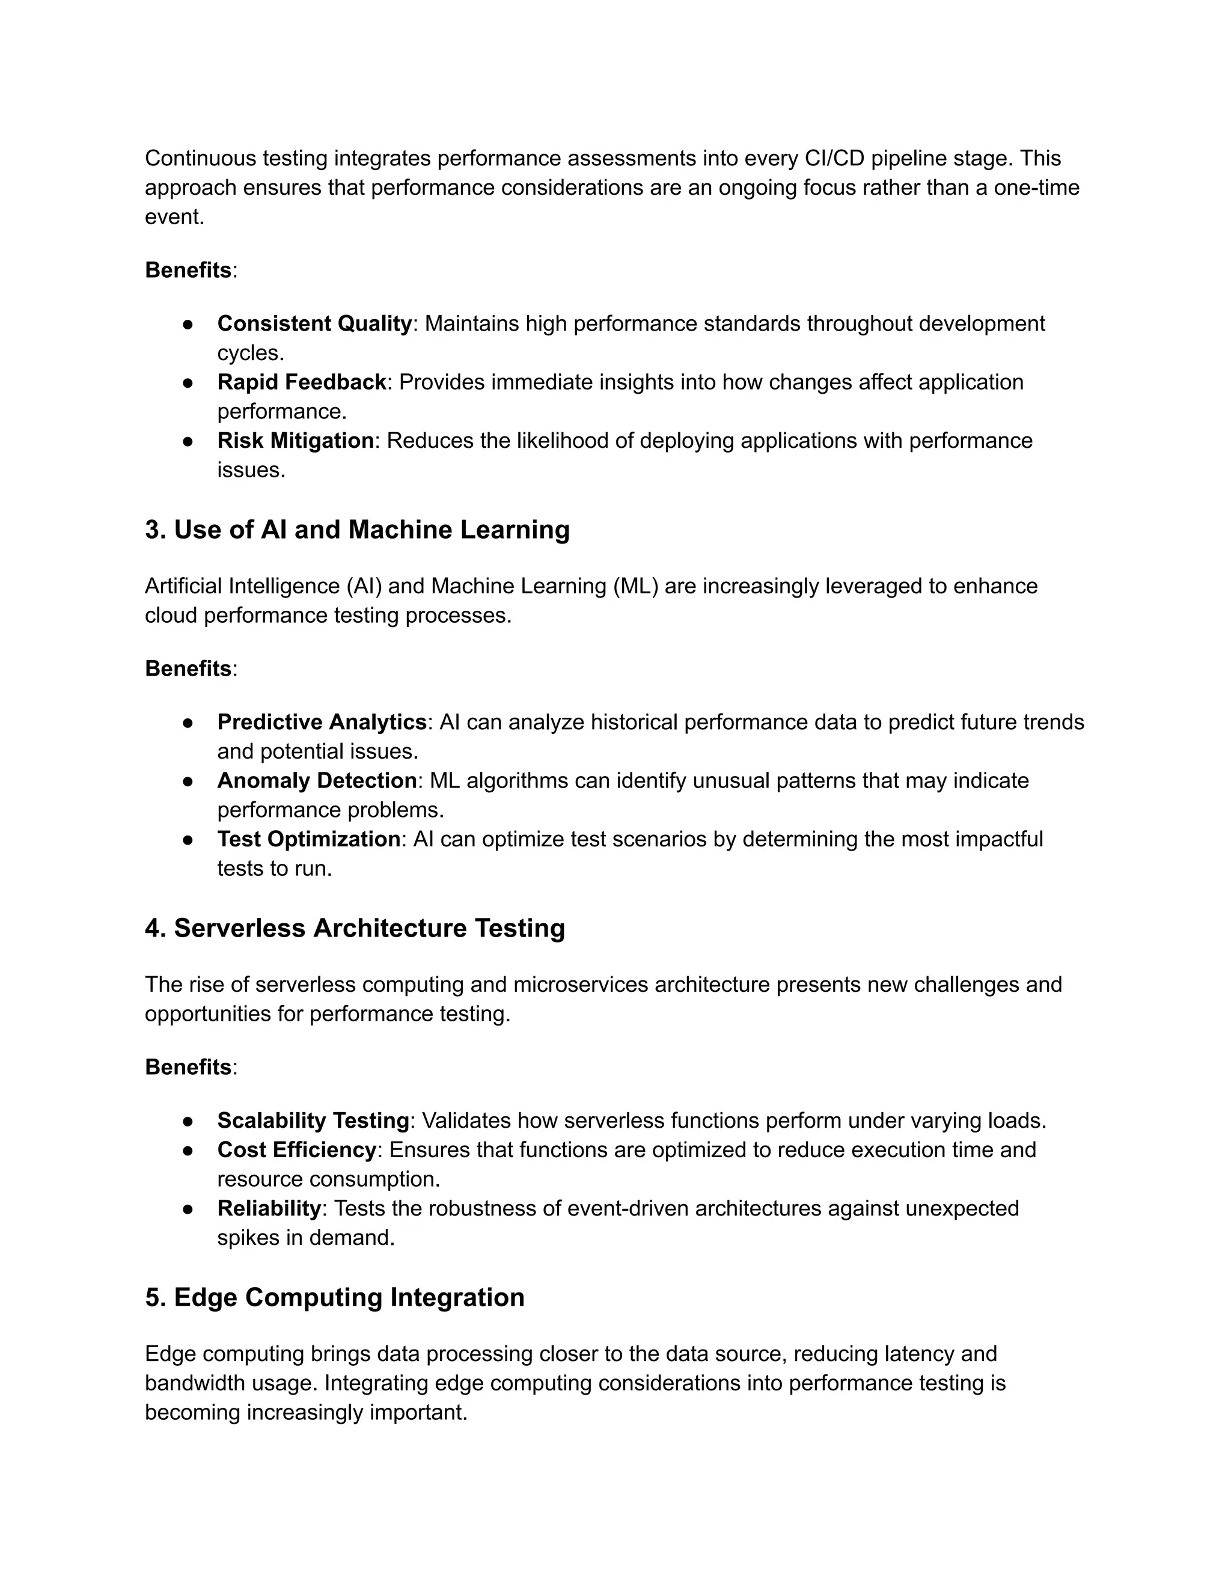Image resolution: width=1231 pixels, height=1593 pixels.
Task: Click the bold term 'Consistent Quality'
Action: (314, 323)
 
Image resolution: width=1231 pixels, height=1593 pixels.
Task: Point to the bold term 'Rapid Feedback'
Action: (301, 382)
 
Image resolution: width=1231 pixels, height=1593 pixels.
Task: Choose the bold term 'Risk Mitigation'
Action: (295, 441)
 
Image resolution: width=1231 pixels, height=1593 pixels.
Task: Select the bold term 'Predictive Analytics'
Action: (322, 721)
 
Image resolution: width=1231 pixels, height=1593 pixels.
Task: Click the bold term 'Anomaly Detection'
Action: (317, 780)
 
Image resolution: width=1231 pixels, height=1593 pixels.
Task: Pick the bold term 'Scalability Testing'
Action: (313, 1121)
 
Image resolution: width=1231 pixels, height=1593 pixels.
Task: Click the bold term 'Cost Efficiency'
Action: (296, 1149)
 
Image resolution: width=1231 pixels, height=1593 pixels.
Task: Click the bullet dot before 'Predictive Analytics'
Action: (188, 722)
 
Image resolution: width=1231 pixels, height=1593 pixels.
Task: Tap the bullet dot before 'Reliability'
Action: (188, 1209)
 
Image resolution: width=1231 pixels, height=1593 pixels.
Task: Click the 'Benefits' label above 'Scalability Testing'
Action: (188, 1067)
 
